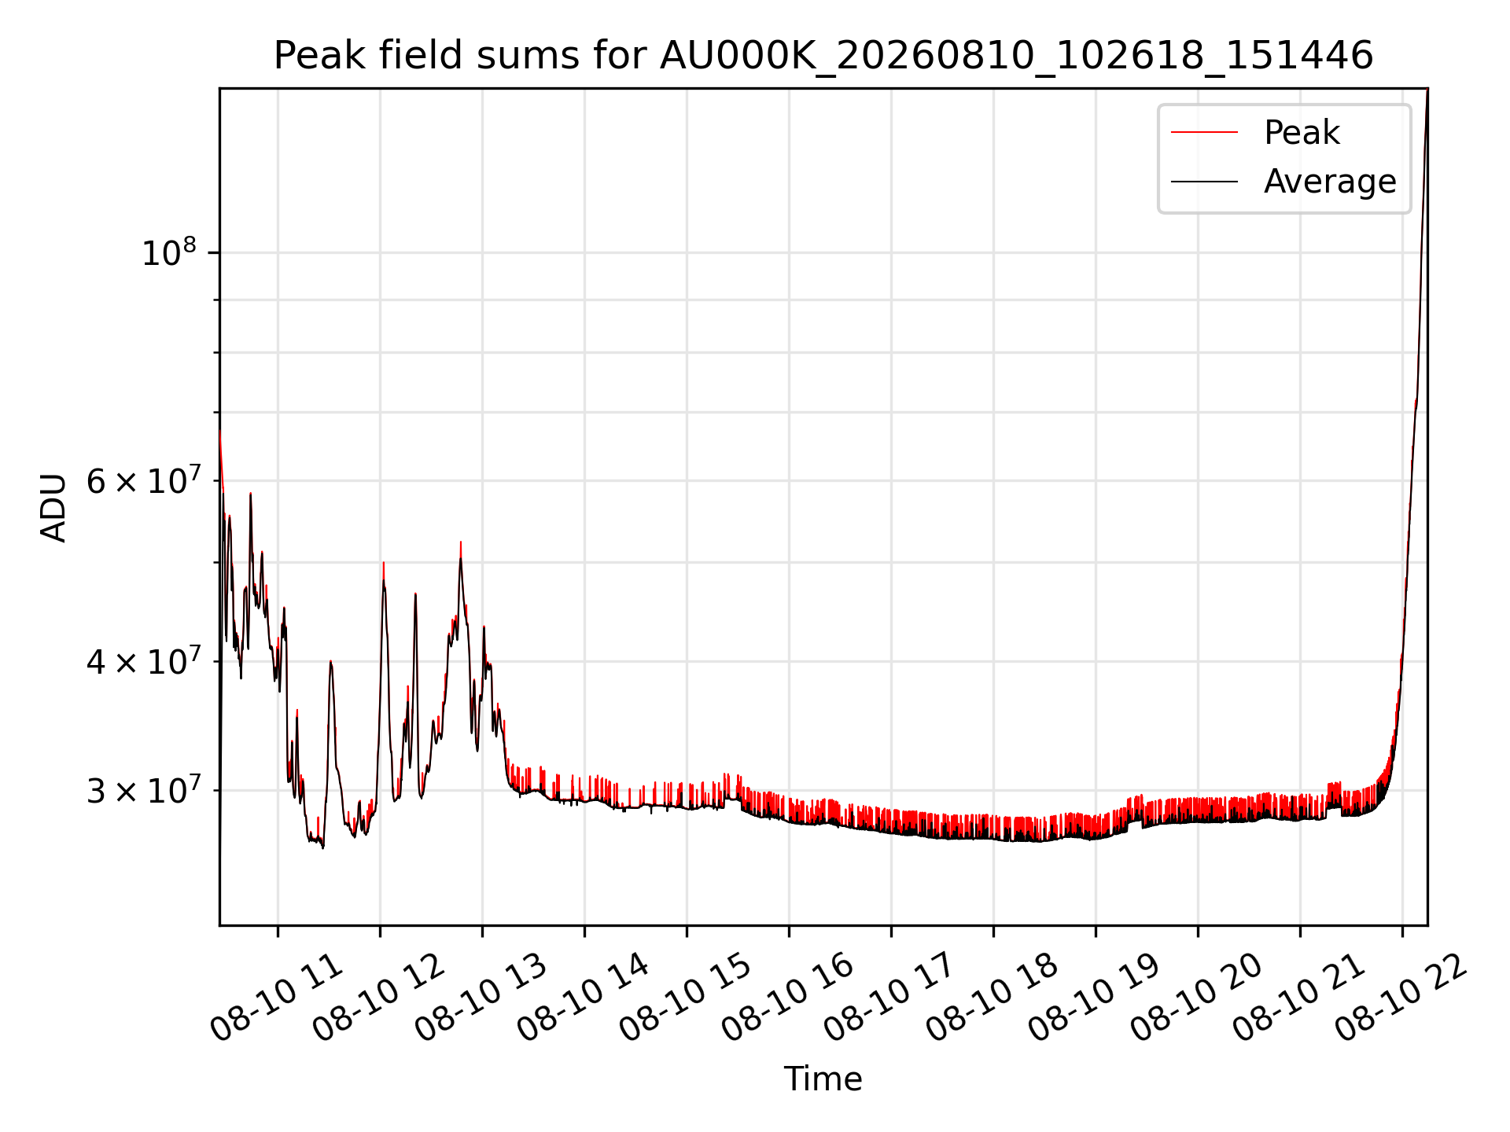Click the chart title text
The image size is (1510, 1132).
coord(823,56)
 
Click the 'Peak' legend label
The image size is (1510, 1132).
coord(1302,132)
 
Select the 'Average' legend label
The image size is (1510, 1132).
coord(1330,182)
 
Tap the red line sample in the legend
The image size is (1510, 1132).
coord(1204,132)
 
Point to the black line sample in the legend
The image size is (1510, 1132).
coord(1204,182)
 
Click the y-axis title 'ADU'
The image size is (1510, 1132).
coord(53,507)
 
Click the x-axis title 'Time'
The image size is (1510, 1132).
coord(823,1079)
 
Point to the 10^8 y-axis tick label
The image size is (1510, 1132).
coord(168,252)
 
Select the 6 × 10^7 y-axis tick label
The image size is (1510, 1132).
coord(143,480)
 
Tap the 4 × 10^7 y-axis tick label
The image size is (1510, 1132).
coord(143,661)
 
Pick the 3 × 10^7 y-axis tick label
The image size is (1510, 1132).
coord(143,790)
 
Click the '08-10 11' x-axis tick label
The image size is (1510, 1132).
coord(277,998)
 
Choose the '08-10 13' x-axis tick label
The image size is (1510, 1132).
coord(481,998)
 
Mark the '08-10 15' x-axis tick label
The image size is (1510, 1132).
coord(686,998)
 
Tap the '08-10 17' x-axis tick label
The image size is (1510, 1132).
coord(890,998)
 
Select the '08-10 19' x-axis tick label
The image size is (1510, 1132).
coord(1095,998)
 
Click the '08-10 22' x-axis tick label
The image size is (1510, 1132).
coord(1401,998)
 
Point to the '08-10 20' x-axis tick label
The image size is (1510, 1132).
coord(1197,998)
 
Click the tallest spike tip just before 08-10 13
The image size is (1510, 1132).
coord(461,542)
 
